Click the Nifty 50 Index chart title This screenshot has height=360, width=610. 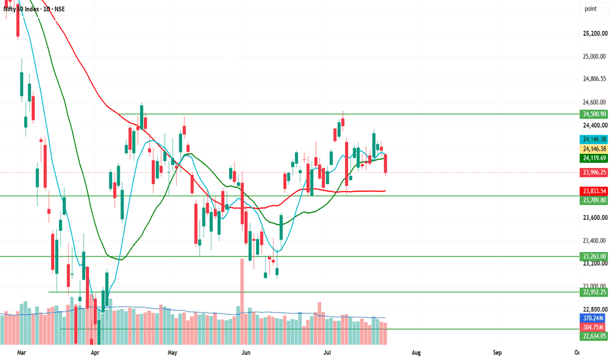tap(34, 9)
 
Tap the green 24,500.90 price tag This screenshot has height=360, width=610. tap(594, 114)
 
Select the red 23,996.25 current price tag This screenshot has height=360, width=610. tap(594, 172)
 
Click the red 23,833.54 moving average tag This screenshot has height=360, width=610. tap(594, 191)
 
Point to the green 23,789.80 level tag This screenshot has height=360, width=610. tap(594, 200)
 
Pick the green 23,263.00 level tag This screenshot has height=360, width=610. tap(594, 256)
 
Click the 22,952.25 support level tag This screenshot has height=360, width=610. tap(594, 292)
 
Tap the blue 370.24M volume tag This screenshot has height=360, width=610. tap(594, 318)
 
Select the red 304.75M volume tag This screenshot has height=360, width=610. tap(594, 327)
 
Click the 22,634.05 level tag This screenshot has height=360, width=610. tap(594, 336)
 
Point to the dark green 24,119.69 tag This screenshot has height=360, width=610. tap(594, 158)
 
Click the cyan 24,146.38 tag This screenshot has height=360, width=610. tap(594, 139)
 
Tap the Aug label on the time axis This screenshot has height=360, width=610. tap(416, 353)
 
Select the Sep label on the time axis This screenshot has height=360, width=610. tap(497, 353)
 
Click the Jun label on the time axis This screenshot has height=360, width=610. tap(246, 353)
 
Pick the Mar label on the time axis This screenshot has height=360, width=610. tap(22, 353)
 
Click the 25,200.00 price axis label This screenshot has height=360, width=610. tap(594, 33)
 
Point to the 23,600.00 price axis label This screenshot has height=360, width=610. tap(594, 217)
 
